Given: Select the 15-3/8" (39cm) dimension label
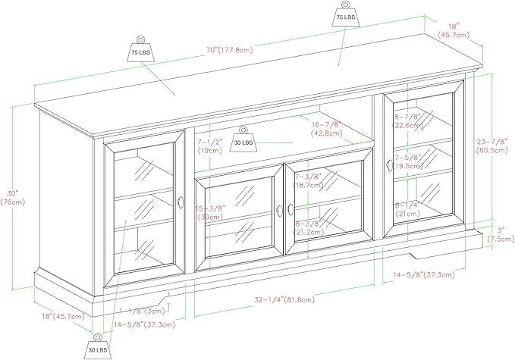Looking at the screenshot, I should [x=209, y=212].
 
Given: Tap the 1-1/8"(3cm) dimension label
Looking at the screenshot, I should [x=143, y=311].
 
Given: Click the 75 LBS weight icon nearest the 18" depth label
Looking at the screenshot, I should [x=346, y=17].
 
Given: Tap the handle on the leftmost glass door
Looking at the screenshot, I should [x=181, y=202].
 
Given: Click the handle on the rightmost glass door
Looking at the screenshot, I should [x=387, y=164].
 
